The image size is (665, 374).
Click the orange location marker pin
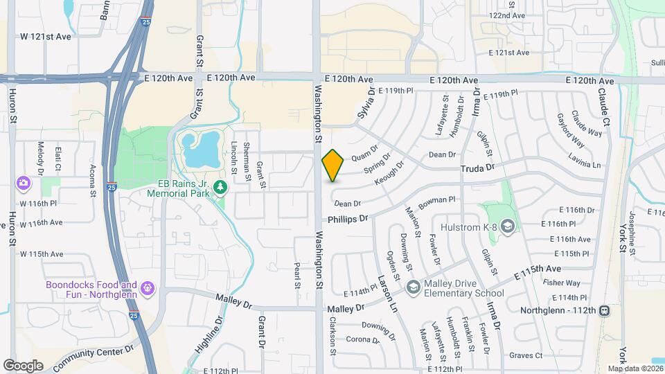coord(333,166)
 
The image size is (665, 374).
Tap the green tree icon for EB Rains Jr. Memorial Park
coord(220,186)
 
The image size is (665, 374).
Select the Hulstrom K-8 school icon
coord(508,226)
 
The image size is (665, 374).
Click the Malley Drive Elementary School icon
coord(414,287)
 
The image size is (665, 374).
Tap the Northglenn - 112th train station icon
coord(605,310)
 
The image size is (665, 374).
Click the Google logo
coord(23,365)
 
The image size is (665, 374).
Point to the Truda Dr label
coord(478,168)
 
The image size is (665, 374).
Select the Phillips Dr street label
coord(348,219)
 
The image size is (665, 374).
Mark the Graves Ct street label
coord(525,355)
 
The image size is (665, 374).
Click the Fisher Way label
coord(561,283)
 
